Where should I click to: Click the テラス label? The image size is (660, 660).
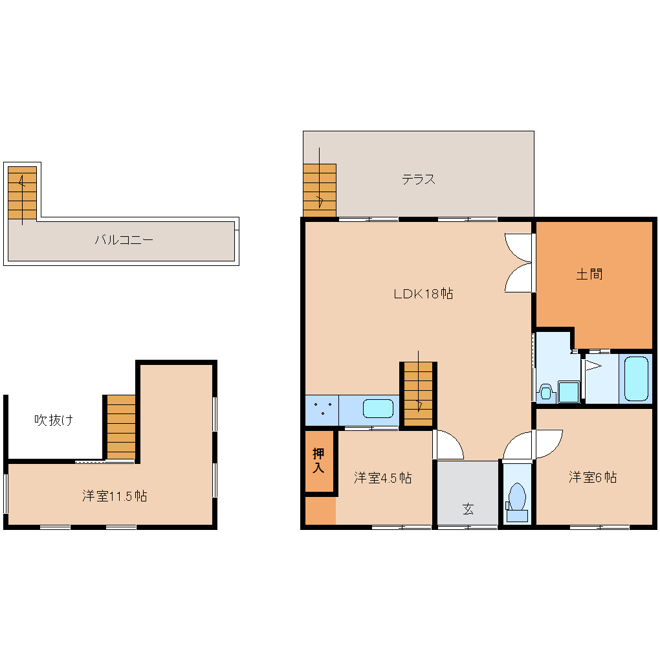tap(418, 180)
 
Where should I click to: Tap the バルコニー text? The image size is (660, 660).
tap(124, 240)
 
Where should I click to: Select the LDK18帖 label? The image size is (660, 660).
tap(423, 294)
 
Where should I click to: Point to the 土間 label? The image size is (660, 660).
tap(589, 274)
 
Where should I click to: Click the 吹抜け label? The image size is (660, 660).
tap(53, 421)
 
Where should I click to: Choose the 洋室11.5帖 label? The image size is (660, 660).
tap(114, 496)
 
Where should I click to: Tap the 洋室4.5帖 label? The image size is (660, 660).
tap(382, 478)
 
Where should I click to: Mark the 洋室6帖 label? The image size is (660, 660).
tap(592, 478)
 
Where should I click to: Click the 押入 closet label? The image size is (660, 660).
tap(318, 460)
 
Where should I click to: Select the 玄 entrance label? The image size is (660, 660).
tap(467, 509)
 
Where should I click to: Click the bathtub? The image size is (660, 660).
tap(635, 378)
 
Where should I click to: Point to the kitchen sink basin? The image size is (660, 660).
tap(378, 409)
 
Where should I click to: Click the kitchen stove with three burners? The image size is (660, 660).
tap(322, 410)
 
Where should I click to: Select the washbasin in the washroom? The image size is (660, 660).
tap(545, 391)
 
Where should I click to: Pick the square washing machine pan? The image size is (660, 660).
tap(568, 391)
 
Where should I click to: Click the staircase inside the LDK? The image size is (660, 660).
tap(418, 394)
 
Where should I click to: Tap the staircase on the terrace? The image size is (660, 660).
tap(320, 190)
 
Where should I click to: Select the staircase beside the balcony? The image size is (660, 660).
tap(23, 193)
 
